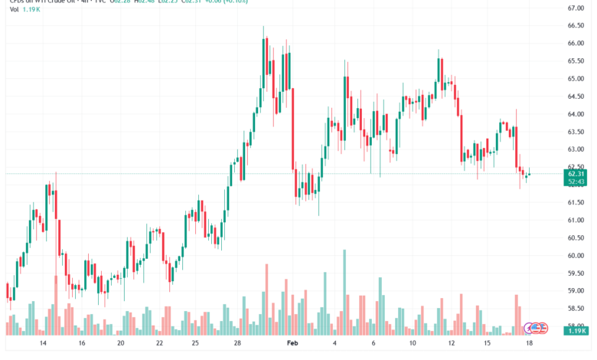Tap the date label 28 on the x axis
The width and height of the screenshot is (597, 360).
click(237, 345)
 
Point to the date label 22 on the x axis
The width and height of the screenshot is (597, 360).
click(159, 345)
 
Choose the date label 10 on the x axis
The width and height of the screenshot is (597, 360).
click(413, 345)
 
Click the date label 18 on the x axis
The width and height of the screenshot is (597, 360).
click(529, 345)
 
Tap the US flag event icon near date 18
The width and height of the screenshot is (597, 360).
click(543, 328)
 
